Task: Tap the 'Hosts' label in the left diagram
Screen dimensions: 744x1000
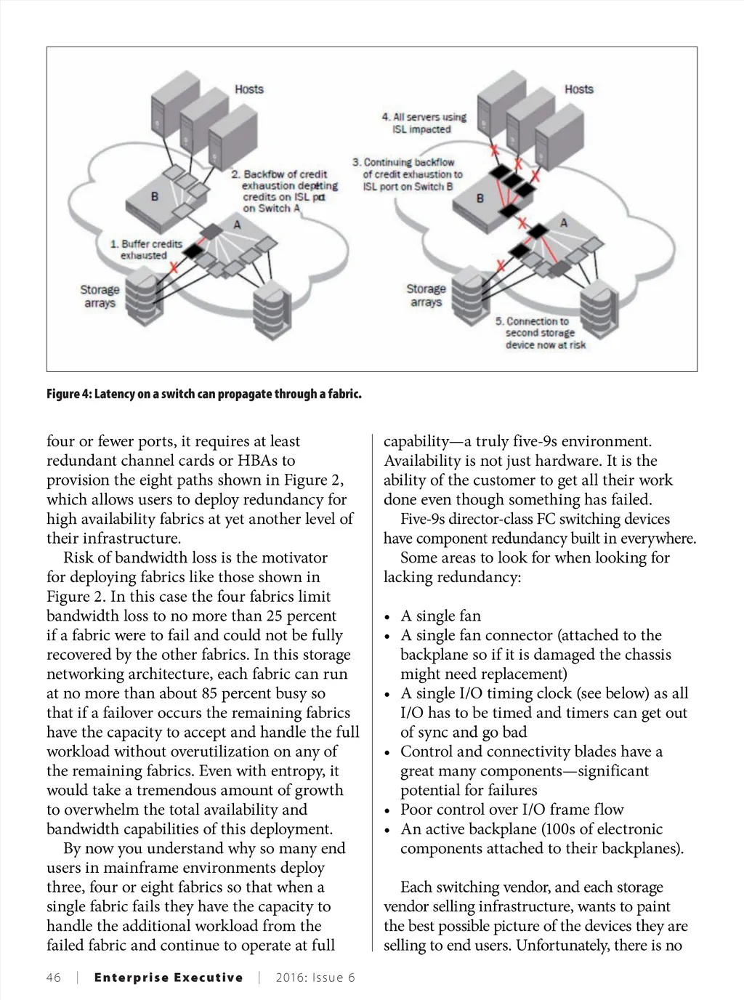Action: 249,89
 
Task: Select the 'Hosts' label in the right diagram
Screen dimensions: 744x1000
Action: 579,89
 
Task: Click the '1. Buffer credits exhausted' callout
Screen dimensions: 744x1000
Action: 147,250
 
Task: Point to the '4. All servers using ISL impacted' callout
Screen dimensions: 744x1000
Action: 424,123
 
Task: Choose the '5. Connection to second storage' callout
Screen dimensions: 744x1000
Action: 540,333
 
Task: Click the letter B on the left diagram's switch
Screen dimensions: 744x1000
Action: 155,196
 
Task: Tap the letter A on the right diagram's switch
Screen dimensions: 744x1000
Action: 564,222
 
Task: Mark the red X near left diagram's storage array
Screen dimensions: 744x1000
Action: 174,268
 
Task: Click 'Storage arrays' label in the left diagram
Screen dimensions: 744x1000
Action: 100,297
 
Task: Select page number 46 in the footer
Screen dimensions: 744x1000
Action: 53,977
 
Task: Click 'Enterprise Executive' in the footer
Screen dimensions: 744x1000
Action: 169,977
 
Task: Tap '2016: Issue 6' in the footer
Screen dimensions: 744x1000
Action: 315,977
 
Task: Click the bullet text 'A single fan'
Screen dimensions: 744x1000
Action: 440,616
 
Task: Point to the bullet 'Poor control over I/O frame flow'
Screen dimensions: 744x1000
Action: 511,810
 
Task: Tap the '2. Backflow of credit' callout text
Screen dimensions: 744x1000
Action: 280,174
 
